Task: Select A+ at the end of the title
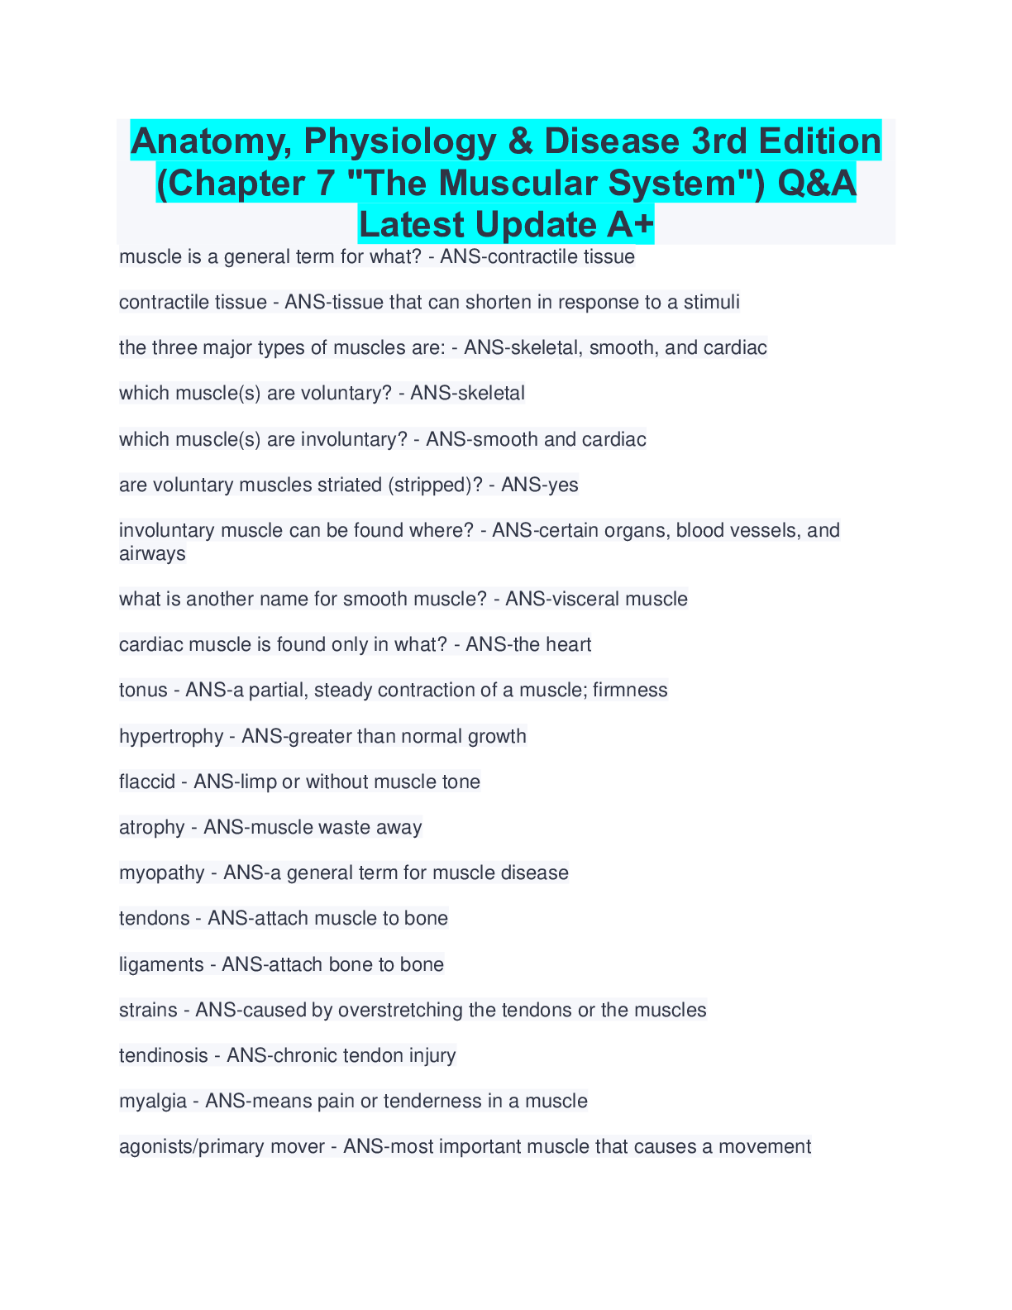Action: (631, 225)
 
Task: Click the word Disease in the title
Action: (613, 141)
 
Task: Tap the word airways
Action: (152, 553)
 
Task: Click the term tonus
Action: (144, 691)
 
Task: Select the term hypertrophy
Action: (171, 737)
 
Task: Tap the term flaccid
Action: (147, 782)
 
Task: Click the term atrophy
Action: (152, 828)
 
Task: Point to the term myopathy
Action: (162, 873)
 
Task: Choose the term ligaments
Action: (161, 965)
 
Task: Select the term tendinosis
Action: (164, 1056)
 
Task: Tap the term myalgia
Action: (153, 1102)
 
